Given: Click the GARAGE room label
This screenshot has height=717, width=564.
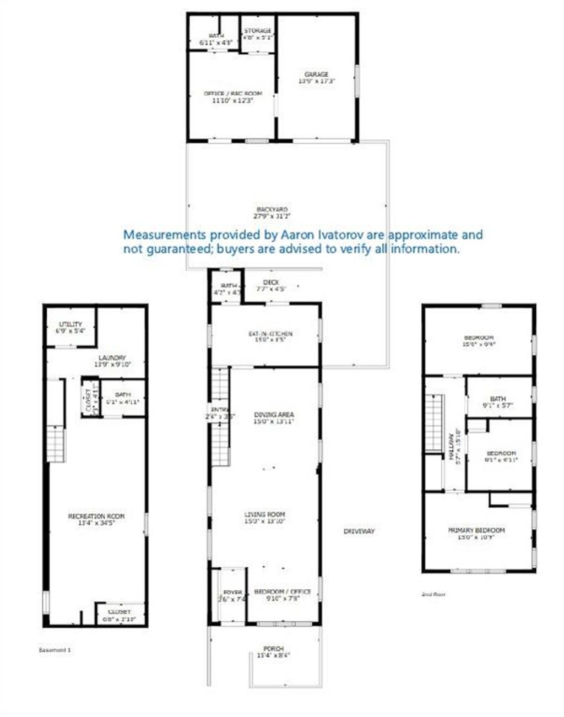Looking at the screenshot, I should point(317,74).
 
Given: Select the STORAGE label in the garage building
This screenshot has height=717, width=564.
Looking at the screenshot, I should point(258,31).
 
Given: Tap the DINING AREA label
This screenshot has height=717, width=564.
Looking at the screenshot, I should point(274,415).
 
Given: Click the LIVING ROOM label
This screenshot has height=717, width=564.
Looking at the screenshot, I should point(264,515).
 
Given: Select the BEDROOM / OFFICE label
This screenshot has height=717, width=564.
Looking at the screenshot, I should point(283,592).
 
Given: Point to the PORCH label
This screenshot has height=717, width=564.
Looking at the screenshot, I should point(273,649).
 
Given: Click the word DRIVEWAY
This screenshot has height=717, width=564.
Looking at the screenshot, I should point(359,531).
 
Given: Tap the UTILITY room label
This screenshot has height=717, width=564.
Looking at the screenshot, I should point(70,324).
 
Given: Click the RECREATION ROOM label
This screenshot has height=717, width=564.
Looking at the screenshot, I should point(96,516).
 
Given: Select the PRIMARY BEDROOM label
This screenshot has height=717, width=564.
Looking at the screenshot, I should point(476,530).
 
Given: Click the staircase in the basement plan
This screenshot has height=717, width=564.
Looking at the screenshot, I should point(55,444).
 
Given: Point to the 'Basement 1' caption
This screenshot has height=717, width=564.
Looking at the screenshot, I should point(55,650).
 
